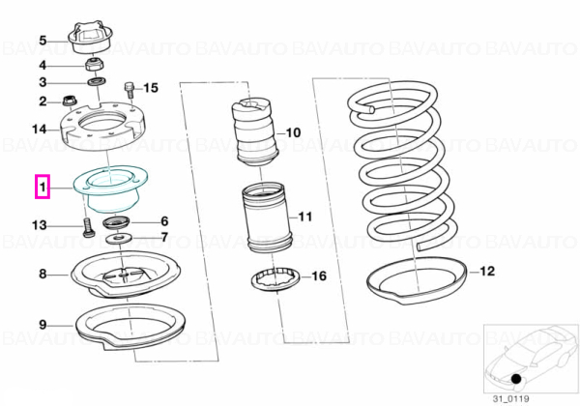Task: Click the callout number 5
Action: point(43,41)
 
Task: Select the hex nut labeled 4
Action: point(95,65)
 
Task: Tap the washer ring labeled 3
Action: point(98,81)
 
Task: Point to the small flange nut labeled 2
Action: point(69,100)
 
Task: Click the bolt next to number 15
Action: point(130,90)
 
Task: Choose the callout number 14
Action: point(40,130)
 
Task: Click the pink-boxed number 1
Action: point(43,188)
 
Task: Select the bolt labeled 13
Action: point(87,227)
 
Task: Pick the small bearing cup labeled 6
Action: point(117,223)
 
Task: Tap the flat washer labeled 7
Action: point(118,239)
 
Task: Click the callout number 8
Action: point(43,274)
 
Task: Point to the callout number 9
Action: point(43,325)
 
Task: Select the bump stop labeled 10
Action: point(255,132)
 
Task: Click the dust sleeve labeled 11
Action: point(267,218)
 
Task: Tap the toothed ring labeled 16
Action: point(275,279)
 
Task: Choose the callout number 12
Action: point(487,271)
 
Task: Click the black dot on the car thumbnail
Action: point(516,379)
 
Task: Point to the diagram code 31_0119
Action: point(510,399)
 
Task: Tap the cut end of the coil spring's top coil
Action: point(372,108)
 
